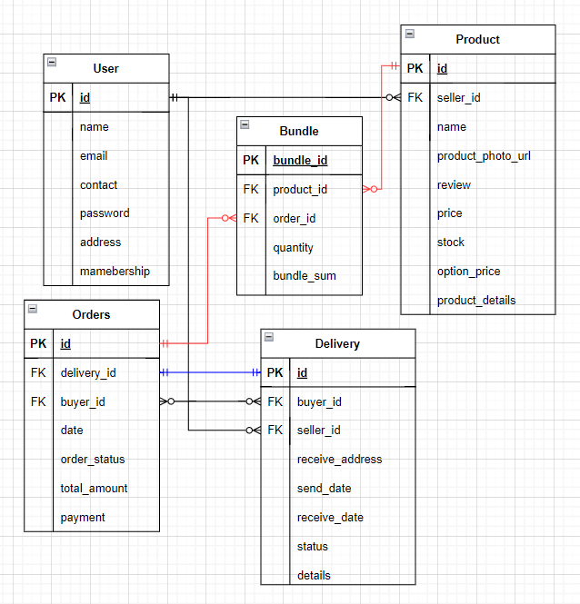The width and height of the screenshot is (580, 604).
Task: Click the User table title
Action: [x=105, y=68]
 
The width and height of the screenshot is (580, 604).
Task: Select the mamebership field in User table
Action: [x=115, y=271]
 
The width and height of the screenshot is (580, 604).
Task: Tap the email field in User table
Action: [x=94, y=155]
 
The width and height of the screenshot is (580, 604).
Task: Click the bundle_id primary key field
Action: [x=300, y=161]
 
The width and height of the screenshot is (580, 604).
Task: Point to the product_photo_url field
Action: [x=484, y=155]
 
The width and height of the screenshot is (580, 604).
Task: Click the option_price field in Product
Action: [x=468, y=271]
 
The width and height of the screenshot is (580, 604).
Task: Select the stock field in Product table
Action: [x=451, y=242]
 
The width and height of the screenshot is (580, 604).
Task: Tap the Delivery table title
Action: [x=337, y=343]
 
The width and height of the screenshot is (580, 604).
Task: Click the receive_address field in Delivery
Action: [x=339, y=459]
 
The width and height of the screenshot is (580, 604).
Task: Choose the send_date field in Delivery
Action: [x=324, y=488]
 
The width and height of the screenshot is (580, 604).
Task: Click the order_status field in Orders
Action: [x=93, y=459]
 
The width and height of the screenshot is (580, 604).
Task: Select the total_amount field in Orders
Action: [x=94, y=488]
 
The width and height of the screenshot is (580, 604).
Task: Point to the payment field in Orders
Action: [x=83, y=517]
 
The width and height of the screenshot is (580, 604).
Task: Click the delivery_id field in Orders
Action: [x=88, y=372]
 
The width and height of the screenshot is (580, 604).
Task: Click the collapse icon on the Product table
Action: [x=409, y=34]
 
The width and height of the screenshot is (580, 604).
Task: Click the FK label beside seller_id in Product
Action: [x=415, y=97]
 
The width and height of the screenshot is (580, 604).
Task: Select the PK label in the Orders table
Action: [x=38, y=343]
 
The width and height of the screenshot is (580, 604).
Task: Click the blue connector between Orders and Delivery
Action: [x=210, y=372]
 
